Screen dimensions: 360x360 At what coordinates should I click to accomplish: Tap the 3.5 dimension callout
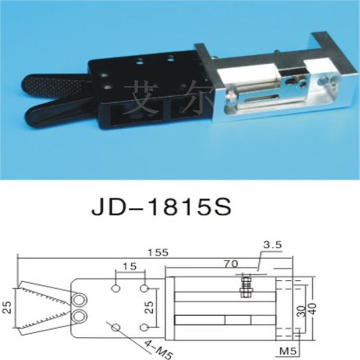(x=272, y=245)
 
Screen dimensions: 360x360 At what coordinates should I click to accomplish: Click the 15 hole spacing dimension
(x=130, y=266)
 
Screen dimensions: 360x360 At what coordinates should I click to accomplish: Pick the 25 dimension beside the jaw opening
(x=7, y=307)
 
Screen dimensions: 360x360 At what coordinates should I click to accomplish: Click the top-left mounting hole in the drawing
(x=116, y=288)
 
